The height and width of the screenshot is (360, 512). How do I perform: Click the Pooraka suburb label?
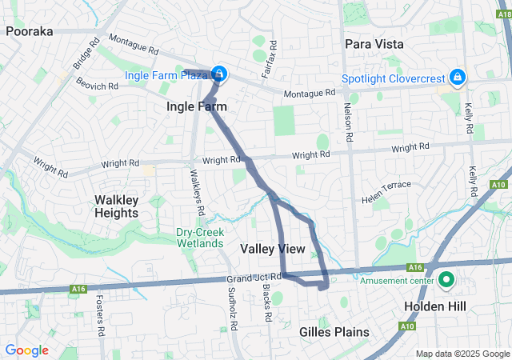pyautogui.click(x=29, y=31)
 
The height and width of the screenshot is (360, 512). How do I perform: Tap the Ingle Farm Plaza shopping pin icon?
pyautogui.click(x=218, y=74)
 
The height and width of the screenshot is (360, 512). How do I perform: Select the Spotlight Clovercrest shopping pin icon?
pyautogui.click(x=457, y=78)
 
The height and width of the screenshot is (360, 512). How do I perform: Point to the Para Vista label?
pyautogui.click(x=374, y=43)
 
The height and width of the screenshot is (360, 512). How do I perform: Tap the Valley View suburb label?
pyautogui.click(x=273, y=250)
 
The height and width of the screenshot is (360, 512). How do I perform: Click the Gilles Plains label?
pyautogui.click(x=334, y=331)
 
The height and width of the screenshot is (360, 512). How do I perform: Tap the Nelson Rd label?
pyautogui.click(x=349, y=122)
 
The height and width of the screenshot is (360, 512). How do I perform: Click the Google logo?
pyautogui.click(x=26, y=350)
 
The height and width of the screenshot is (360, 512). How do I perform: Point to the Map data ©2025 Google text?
pyautogui.click(x=462, y=354)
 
